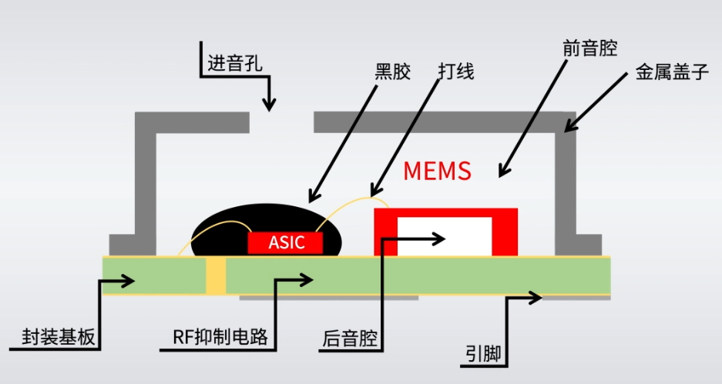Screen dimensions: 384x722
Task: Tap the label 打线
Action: [x=455, y=72]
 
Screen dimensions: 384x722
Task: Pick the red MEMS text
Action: [x=437, y=171]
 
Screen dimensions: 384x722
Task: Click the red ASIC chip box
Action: [x=286, y=242]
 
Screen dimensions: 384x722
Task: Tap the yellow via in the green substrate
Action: [x=217, y=275]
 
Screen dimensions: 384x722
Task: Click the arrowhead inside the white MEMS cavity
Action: [x=441, y=238]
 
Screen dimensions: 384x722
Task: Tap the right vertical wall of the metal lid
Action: [x=568, y=185]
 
